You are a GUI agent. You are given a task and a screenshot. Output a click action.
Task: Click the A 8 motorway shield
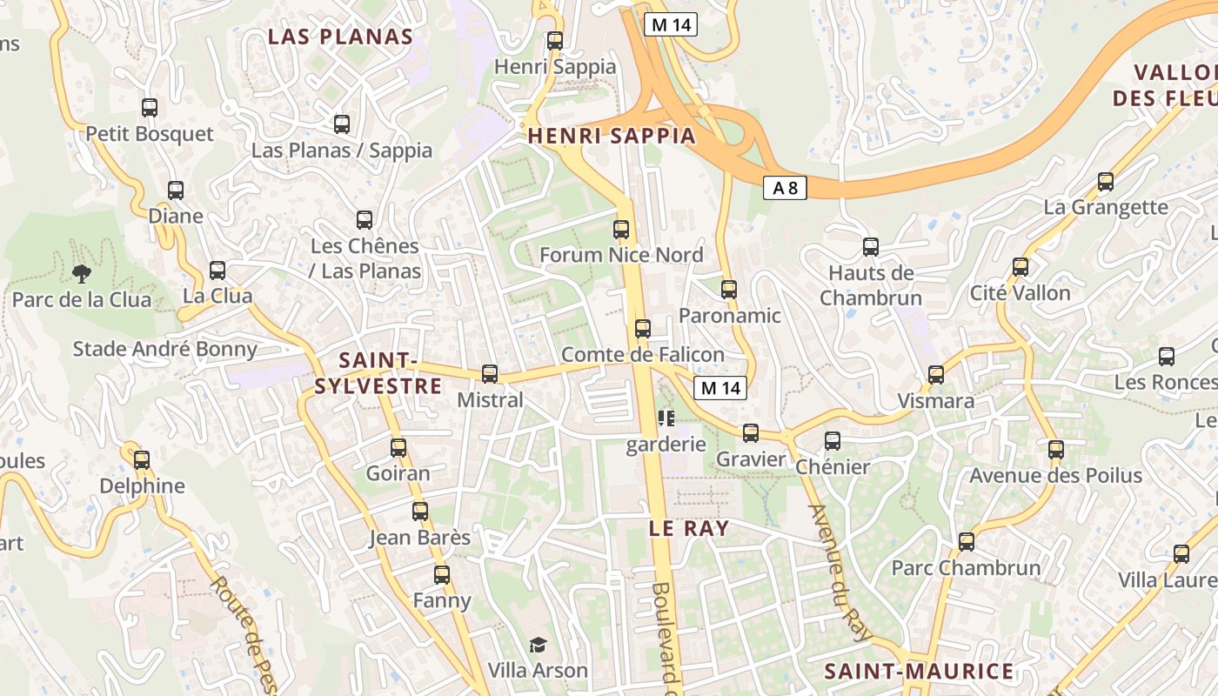coord(785,187)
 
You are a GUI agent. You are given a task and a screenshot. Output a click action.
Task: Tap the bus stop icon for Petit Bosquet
coord(150,108)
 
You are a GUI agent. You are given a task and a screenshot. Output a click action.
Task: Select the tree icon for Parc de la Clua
coord(82,274)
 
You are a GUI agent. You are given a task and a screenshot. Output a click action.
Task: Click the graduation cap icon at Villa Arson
coord(539,645)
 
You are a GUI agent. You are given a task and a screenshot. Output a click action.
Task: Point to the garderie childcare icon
coord(666,418)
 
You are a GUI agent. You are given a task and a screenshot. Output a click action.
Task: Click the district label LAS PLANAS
coord(340,37)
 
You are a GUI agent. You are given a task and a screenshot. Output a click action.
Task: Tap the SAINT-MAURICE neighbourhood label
coord(919,672)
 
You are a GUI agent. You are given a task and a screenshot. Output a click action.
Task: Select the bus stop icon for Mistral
coord(490,374)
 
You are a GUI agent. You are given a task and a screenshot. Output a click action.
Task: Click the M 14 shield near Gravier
coord(720,388)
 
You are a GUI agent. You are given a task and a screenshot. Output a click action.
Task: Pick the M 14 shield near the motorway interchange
coord(671,24)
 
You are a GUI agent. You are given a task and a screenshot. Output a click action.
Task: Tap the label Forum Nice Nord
coord(621,255)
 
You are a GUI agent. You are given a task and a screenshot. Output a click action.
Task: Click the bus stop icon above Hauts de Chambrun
coord(871,247)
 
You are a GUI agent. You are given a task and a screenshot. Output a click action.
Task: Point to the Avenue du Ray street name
coord(839,571)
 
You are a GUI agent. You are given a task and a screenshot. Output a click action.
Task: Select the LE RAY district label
coord(689,528)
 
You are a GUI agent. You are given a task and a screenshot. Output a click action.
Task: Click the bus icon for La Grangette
coord(1106,182)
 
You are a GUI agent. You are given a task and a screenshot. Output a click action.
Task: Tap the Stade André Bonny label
coord(165,349)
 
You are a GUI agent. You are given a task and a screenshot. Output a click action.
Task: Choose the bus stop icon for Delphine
coord(142,459)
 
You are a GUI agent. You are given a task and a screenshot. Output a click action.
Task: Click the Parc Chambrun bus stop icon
coord(966,542)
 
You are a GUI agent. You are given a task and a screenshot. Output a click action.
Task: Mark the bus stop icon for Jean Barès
coord(420,512)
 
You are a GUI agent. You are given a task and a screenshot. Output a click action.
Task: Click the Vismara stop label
coord(936,401)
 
